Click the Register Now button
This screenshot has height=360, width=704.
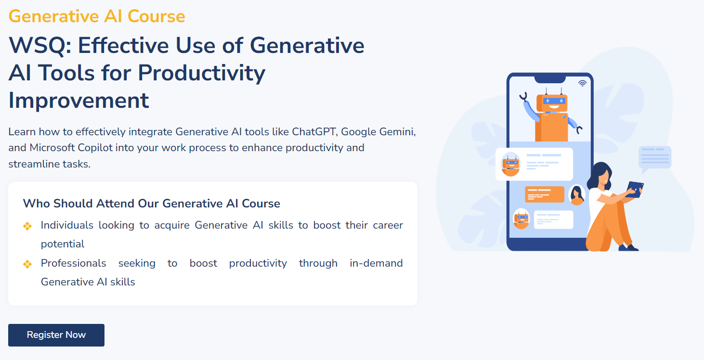(56, 335)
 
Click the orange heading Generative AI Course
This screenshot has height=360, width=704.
(97, 16)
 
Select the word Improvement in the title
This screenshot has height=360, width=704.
(78, 101)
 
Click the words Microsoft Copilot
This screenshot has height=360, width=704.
(71, 148)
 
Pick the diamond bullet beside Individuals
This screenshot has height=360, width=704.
(27, 226)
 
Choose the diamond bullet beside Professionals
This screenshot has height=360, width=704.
(27, 264)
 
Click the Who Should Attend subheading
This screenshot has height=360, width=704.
(152, 204)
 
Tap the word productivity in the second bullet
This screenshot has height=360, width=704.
(258, 264)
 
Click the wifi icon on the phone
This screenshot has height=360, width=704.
(582, 83)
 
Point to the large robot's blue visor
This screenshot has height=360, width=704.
(554, 101)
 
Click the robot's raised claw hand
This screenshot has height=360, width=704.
(523, 96)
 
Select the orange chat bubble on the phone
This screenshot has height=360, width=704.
(544, 194)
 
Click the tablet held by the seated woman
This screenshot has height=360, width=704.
(634, 190)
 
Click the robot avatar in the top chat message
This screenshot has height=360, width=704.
(510, 164)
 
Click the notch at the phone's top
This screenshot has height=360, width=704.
(550, 79)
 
